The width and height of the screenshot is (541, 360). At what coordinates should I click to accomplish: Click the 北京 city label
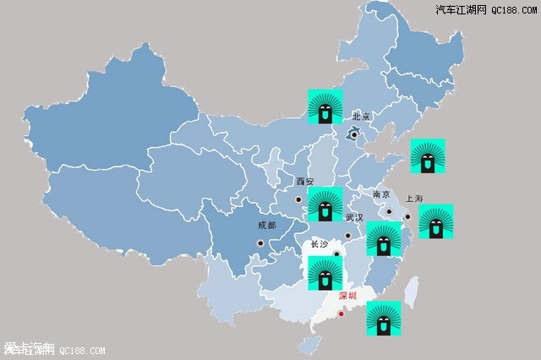point(362,116)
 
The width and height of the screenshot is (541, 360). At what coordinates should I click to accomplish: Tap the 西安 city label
point(304,182)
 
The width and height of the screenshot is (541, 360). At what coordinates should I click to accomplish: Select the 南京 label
point(382,194)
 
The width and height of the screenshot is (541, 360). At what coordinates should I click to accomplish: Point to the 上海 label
point(414,199)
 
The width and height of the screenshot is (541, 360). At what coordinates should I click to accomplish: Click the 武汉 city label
point(353,217)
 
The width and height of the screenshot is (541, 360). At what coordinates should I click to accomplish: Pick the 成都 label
point(266,226)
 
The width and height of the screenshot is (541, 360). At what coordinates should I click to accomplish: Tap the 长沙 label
point(320,244)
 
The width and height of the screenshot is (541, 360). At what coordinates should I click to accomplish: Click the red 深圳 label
point(348,296)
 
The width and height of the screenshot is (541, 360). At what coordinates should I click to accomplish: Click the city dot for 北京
point(354,134)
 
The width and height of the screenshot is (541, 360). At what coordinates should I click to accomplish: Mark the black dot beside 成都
point(260,243)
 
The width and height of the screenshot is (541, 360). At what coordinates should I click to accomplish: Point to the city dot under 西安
point(298,200)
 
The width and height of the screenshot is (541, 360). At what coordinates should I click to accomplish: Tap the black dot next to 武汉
point(347,236)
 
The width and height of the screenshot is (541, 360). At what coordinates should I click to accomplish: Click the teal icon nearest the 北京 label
point(325,106)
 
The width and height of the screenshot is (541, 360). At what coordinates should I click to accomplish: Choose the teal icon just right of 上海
point(436,221)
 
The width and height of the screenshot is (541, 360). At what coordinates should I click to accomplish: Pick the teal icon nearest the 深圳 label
point(383,319)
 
